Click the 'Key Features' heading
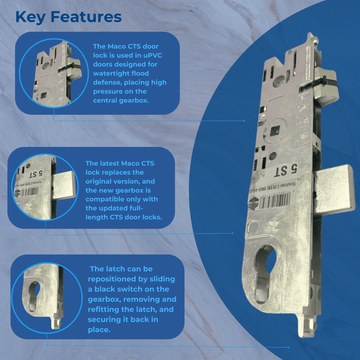pos(68,17)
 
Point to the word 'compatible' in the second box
pos(105,199)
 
